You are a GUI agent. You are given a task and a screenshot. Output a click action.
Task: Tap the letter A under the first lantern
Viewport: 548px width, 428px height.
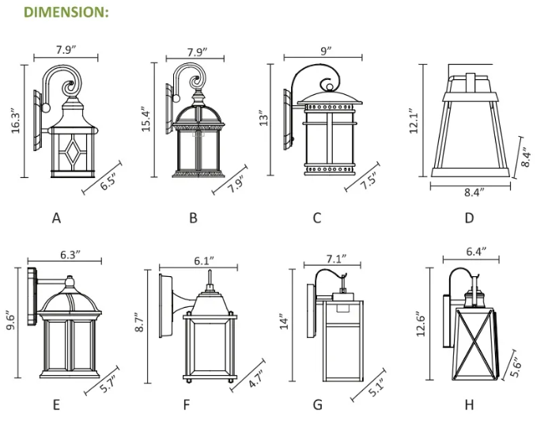pyautogui.click(x=56, y=218)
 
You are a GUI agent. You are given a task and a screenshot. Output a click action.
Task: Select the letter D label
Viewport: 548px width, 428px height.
pyautogui.click(x=469, y=218)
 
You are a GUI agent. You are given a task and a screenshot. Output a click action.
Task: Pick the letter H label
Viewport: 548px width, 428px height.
pyautogui.click(x=469, y=405)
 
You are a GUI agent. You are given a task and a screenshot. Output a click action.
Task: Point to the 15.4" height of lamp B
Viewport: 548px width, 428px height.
pyautogui.click(x=146, y=119)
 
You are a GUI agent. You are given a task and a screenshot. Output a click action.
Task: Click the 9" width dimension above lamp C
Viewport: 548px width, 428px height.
pyautogui.click(x=326, y=50)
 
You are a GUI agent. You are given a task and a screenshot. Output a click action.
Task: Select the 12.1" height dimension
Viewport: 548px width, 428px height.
pyautogui.click(x=413, y=121)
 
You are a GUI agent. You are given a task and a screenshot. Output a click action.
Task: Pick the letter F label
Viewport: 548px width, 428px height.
pyautogui.click(x=187, y=405)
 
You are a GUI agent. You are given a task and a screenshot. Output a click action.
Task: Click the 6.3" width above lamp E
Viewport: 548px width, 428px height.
pyautogui.click(x=70, y=256)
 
